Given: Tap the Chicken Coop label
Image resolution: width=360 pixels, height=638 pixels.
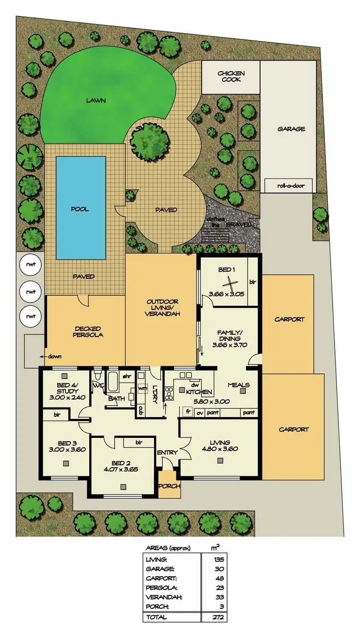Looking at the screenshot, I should (231, 76).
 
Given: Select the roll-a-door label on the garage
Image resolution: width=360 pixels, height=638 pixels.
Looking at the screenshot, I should (288, 186).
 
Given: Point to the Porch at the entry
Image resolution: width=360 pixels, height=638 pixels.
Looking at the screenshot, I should (169, 486).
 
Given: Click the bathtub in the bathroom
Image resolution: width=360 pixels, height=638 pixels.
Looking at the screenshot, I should (114, 380).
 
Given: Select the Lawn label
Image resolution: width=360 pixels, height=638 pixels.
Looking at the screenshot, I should (96, 101).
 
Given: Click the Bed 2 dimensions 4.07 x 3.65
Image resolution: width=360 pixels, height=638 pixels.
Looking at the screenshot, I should (122, 469).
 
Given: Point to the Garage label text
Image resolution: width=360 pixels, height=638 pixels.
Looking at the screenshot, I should (291, 129).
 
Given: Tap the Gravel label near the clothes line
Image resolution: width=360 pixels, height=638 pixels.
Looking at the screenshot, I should (236, 224).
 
